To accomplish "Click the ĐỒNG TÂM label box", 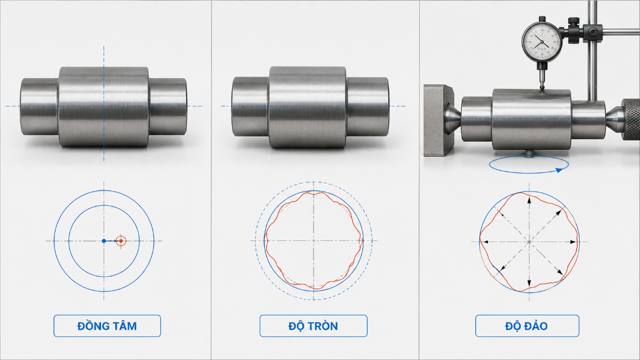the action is [107, 326].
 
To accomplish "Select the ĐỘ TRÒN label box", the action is [314, 326].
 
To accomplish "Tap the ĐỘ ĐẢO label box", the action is [527, 326].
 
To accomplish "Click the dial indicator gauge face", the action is [542, 42].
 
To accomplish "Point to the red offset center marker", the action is [121, 241].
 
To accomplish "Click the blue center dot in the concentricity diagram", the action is [104, 241].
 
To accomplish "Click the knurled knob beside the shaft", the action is [631, 119].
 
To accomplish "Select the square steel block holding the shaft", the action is [438, 120].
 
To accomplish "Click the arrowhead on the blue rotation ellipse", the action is [560, 170].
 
